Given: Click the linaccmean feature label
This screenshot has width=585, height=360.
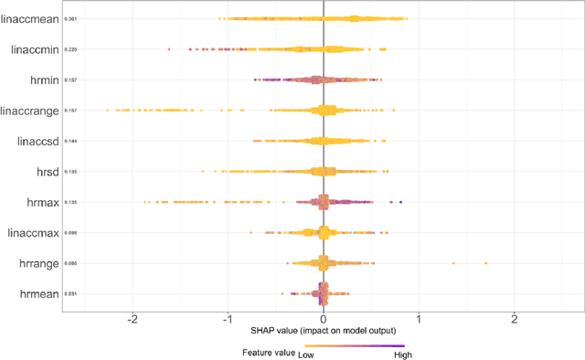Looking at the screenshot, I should (x=32, y=18).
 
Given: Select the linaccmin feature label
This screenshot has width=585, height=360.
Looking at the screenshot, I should (x=35, y=49).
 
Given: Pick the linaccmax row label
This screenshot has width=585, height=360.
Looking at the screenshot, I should (x=34, y=233).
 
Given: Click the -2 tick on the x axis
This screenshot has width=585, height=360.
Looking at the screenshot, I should (x=133, y=320).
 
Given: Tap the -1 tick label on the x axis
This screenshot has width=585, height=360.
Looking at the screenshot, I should (x=228, y=320).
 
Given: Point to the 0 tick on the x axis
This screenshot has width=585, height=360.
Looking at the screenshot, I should (x=324, y=320).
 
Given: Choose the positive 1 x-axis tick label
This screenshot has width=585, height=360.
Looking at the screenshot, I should (x=419, y=320).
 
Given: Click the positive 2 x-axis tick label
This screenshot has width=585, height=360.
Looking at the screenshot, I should (x=514, y=320).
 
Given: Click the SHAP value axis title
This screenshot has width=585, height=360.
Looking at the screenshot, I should (x=323, y=330).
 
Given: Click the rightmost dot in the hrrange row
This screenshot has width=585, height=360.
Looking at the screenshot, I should (x=485, y=263).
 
